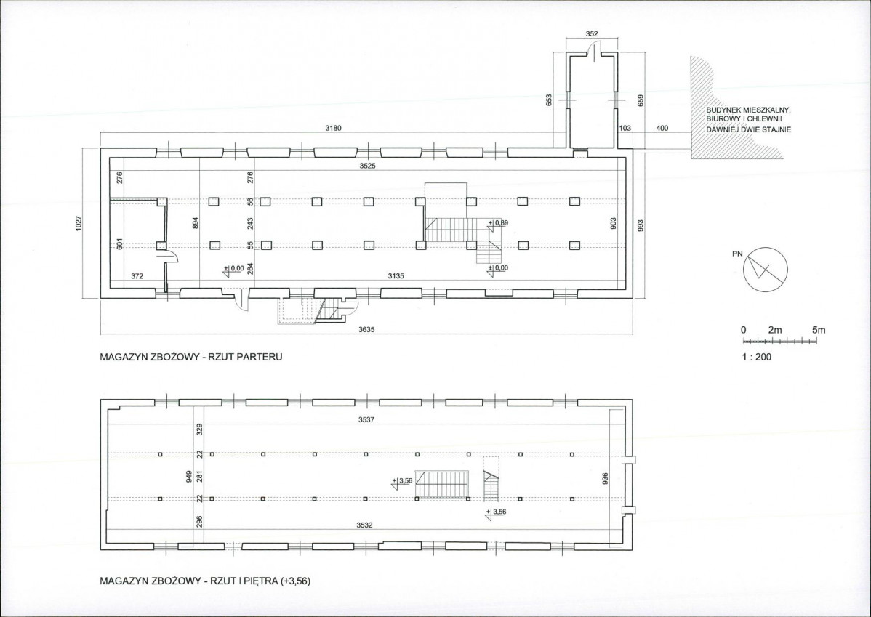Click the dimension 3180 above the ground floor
coord(333,129)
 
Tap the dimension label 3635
coord(366,329)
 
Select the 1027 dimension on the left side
coord(79,224)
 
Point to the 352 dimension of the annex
coord(592,34)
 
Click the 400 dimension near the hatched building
coord(662,129)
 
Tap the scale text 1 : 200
coord(756,357)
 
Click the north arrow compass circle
coord(766,269)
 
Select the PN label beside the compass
coord(737,254)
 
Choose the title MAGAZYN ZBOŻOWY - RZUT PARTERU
coord(190,357)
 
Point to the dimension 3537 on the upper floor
coord(366,420)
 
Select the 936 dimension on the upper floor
coord(606,478)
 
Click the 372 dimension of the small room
coord(137,275)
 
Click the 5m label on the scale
coord(819,330)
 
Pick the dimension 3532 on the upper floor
coord(364,525)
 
